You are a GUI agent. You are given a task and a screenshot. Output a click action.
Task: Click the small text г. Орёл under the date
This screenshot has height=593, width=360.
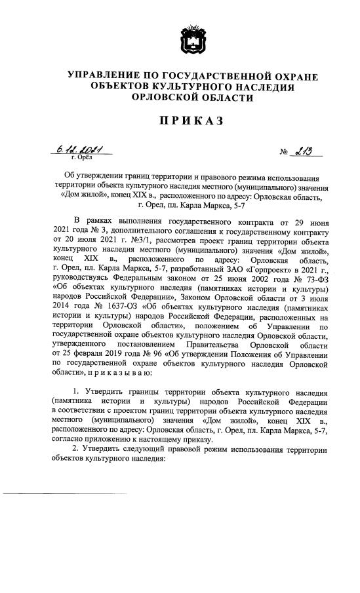point(81,159)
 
